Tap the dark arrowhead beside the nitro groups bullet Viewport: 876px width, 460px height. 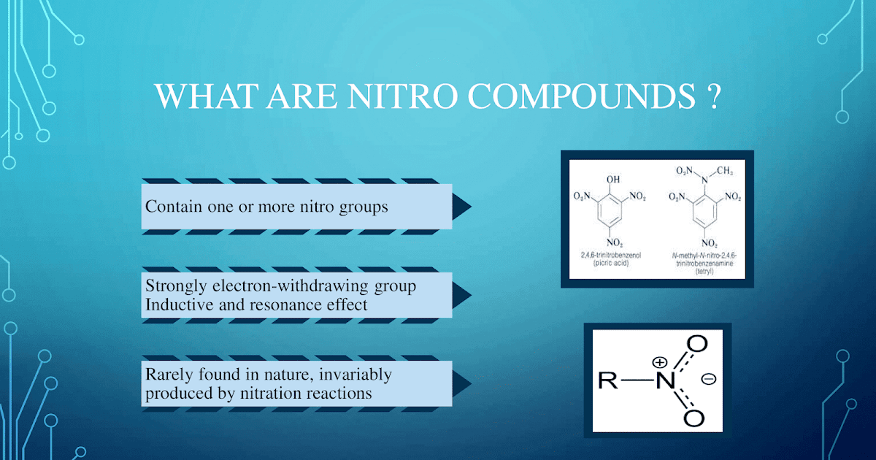tap(461, 207)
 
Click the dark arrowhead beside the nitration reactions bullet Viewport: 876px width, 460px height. tap(461, 383)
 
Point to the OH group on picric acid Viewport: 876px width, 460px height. tap(613, 179)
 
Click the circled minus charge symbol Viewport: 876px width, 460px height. tap(707, 380)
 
